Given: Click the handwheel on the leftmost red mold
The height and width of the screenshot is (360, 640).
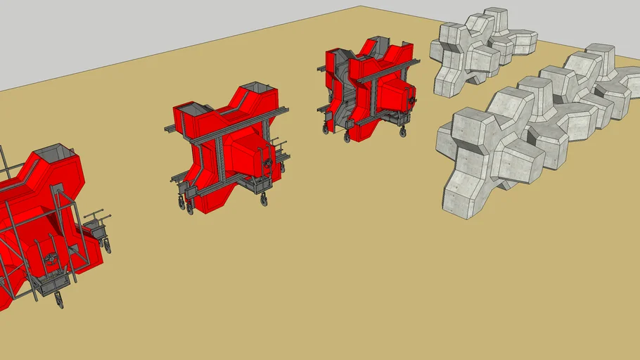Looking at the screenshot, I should (x=51, y=258).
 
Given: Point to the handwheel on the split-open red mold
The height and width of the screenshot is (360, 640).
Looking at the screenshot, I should (x=410, y=101).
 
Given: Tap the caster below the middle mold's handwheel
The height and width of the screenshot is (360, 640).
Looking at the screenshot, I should (x=264, y=200).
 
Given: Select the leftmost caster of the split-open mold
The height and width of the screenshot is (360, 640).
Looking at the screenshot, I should (x=326, y=129).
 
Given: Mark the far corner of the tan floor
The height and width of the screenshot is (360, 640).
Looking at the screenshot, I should (x=361, y=6).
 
